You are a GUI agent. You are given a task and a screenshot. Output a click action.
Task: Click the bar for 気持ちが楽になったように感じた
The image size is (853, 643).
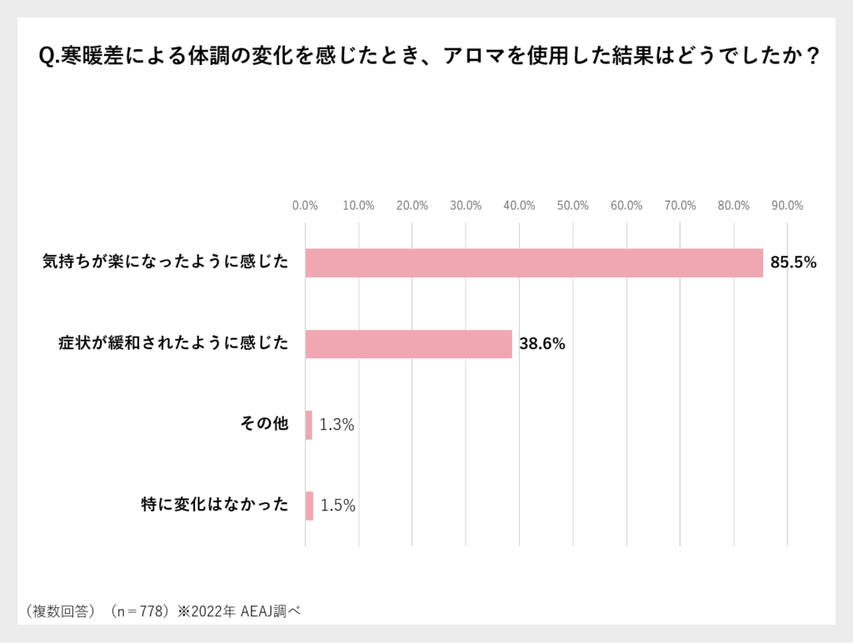(x=534, y=262)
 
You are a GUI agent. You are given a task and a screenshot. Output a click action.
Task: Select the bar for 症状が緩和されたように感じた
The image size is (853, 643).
(x=409, y=343)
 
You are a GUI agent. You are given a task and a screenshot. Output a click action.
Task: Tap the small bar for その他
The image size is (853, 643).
(x=309, y=425)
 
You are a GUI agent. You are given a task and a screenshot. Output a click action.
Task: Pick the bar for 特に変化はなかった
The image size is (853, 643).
(x=309, y=506)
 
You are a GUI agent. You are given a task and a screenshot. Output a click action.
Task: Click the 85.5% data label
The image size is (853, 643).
(x=793, y=262)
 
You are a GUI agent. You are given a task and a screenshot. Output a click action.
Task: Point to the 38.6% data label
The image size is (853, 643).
(x=542, y=343)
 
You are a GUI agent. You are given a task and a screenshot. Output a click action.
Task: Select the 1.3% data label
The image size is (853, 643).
(x=337, y=425)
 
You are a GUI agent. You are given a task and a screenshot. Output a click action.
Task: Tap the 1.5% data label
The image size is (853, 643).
(x=337, y=506)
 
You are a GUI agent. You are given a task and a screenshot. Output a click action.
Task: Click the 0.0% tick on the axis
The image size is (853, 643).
(x=306, y=206)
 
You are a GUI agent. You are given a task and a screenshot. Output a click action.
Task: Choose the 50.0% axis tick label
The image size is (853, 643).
(x=573, y=206)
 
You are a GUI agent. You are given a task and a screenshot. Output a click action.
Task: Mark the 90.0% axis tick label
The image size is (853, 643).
(x=787, y=206)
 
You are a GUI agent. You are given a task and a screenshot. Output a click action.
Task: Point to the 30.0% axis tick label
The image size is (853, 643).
(x=466, y=206)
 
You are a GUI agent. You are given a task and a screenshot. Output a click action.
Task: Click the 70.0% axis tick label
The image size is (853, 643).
(x=680, y=206)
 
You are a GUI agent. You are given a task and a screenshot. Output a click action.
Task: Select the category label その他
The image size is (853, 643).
(x=264, y=425)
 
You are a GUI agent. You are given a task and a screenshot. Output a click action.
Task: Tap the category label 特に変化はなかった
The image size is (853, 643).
(x=215, y=506)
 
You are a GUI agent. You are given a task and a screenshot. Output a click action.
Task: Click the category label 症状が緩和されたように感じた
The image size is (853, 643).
(x=173, y=343)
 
